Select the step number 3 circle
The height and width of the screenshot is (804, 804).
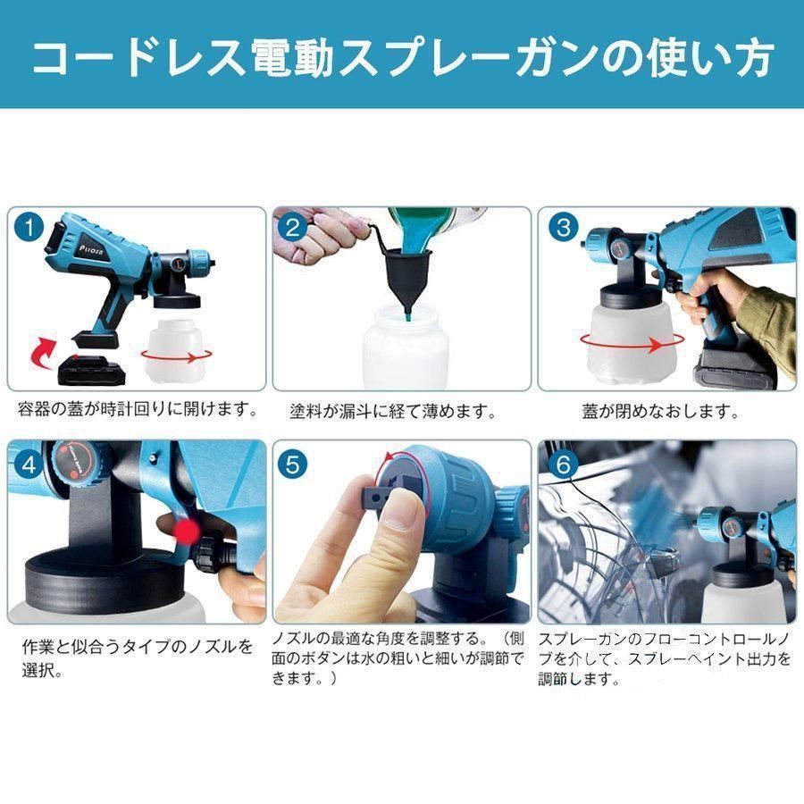pyautogui.click(x=563, y=227)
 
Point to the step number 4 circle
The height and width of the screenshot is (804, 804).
pyautogui.click(x=29, y=464)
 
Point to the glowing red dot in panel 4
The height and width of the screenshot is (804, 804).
pyautogui.click(x=186, y=533)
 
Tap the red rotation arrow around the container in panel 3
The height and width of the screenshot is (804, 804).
pyautogui.click(x=630, y=341)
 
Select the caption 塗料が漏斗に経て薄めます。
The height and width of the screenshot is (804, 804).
pyautogui.click(x=393, y=412)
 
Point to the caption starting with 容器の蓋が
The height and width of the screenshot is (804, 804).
pyautogui.click(x=138, y=410)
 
